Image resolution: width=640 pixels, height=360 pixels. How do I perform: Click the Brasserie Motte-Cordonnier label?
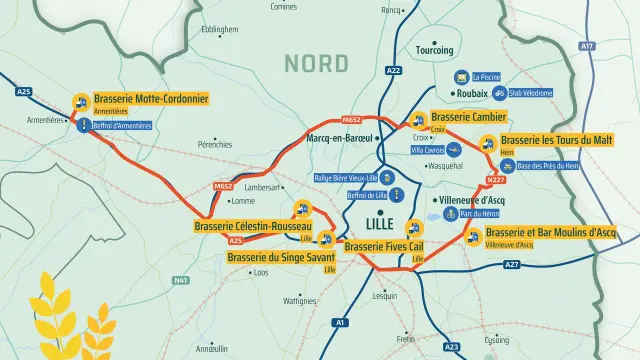tap(151, 100)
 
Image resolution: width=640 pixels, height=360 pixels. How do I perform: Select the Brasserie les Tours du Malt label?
tap(556, 140)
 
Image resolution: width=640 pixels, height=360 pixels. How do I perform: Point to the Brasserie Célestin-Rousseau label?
tap(253, 227)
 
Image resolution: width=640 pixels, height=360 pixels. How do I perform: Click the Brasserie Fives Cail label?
tap(385, 246)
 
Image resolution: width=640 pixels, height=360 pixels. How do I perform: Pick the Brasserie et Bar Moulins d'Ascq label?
tap(550, 232)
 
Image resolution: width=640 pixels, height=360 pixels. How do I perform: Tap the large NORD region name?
tap(316, 63)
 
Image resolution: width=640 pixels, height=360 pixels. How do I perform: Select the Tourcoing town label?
tap(433, 50)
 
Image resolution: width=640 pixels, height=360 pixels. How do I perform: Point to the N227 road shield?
tap(496, 180)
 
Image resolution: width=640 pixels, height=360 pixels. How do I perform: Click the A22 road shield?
tap(393, 70)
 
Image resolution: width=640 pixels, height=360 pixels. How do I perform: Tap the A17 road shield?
tap(587, 46)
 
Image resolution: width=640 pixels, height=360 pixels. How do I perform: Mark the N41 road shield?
tap(181, 280)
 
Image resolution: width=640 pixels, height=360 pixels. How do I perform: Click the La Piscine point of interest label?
tap(487, 76)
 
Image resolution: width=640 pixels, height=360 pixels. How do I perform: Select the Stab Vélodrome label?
tap(530, 93)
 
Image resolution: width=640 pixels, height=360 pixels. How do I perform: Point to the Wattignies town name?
tap(299, 300)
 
